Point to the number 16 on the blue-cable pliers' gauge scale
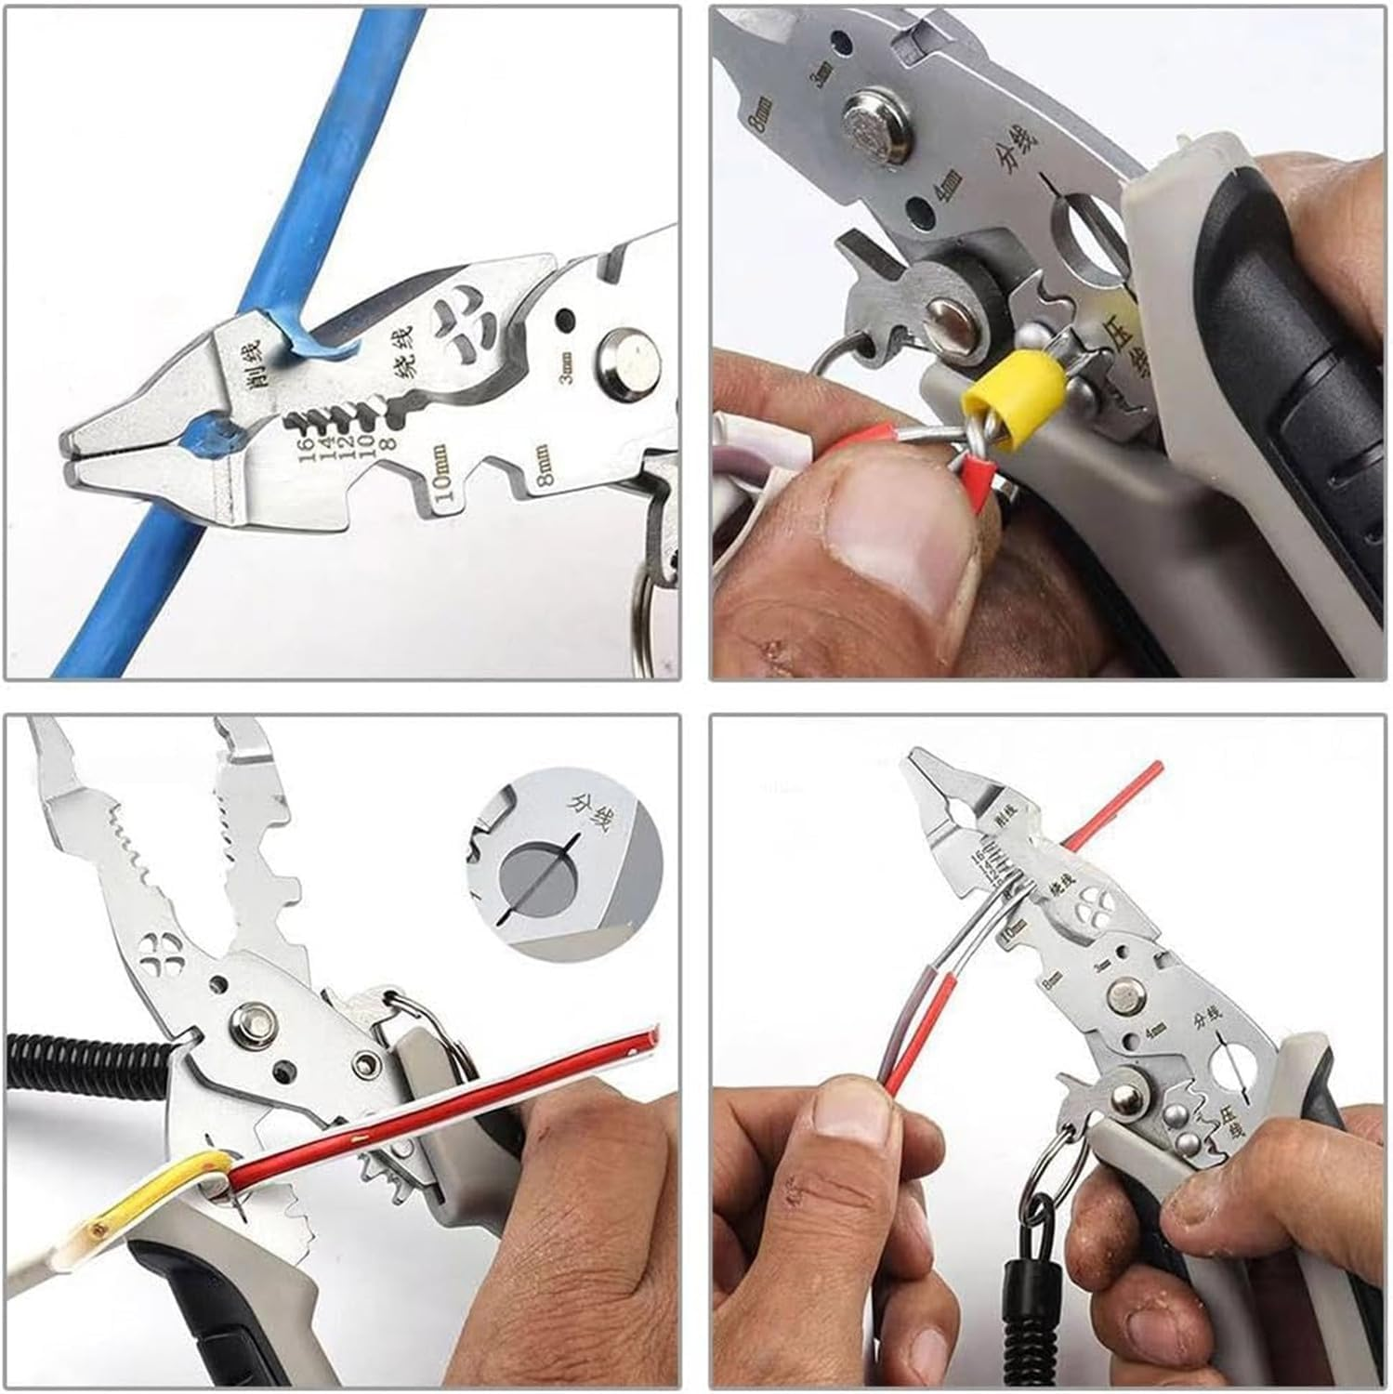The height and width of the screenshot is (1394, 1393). [304, 454]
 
